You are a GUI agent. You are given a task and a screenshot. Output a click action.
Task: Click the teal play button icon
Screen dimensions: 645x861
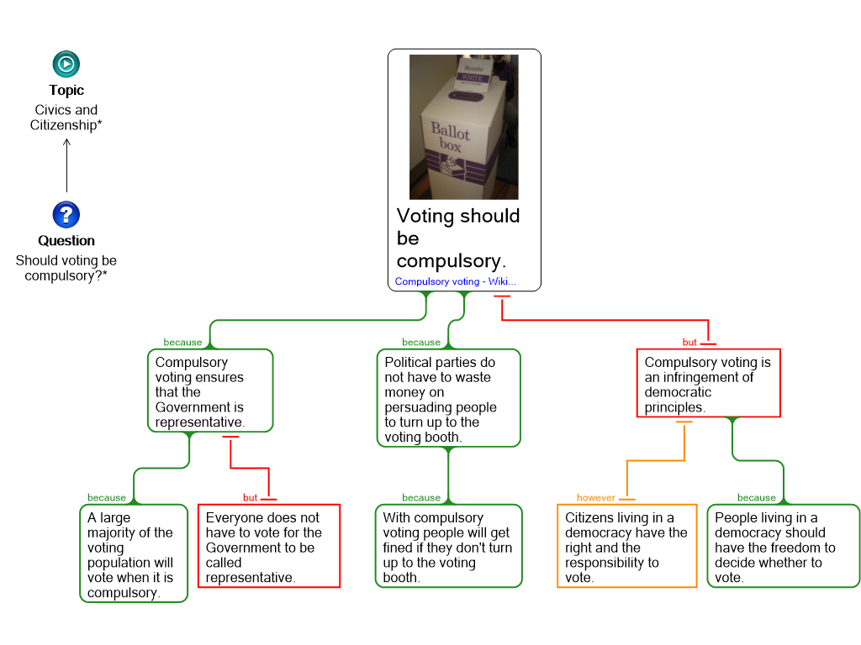(x=66, y=65)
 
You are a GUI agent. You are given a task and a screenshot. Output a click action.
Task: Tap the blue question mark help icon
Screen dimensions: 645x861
(x=66, y=215)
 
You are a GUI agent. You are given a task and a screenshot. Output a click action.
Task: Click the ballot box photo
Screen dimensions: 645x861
(x=463, y=126)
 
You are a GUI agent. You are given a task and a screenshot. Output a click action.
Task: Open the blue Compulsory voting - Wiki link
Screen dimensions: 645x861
(x=455, y=282)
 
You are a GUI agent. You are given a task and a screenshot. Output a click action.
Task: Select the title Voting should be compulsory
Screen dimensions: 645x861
(x=458, y=239)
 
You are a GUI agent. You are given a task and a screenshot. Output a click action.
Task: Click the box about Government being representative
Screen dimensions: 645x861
(x=209, y=391)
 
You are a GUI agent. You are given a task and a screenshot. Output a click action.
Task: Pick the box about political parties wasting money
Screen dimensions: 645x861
(x=447, y=399)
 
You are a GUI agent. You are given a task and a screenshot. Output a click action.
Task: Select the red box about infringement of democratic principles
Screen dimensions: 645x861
(x=708, y=384)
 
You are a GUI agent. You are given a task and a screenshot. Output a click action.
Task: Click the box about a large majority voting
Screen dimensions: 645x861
(x=133, y=554)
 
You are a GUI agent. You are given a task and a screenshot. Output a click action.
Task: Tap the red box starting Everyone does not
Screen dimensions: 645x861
(x=268, y=547)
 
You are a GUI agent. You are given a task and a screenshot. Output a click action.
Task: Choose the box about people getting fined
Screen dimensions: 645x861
(x=447, y=547)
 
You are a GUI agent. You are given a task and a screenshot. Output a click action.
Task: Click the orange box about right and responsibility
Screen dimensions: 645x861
(x=626, y=547)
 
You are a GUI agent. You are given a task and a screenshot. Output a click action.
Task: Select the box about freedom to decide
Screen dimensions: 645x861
(x=783, y=547)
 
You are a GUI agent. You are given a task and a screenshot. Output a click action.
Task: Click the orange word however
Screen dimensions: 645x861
(x=595, y=498)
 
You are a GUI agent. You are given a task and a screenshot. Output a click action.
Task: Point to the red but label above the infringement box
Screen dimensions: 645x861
(x=689, y=343)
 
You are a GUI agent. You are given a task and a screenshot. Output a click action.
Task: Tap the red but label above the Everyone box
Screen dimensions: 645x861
(x=250, y=498)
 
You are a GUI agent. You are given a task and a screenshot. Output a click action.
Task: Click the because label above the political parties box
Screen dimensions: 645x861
(x=421, y=343)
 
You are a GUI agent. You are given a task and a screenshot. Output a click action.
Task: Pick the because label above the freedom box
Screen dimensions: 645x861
(x=756, y=498)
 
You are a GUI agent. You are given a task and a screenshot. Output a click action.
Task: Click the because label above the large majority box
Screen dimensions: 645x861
(x=106, y=498)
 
